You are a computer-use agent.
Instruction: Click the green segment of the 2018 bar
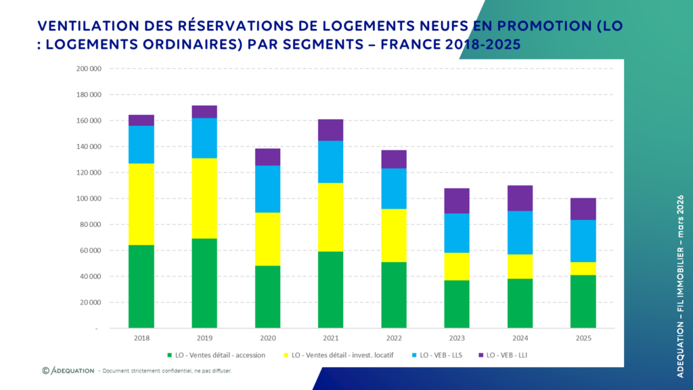click(141, 286)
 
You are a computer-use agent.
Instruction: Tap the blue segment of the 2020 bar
click(268, 189)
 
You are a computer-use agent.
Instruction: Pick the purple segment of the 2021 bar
click(331, 130)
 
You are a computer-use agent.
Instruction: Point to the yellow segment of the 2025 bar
click(583, 268)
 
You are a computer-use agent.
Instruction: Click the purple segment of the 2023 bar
click(457, 200)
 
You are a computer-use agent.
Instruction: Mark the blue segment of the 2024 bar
click(520, 232)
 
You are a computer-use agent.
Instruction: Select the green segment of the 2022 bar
click(394, 295)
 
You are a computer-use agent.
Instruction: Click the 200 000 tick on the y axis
click(89, 69)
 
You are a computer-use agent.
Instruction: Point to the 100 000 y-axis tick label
click(89, 198)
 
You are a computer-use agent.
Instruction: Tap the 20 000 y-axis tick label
click(91, 303)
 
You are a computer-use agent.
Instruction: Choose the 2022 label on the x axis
click(394, 338)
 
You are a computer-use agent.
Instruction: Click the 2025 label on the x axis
click(583, 338)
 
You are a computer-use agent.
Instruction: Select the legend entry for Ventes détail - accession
click(217, 355)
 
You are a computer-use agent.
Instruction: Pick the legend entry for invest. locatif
click(347, 355)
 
